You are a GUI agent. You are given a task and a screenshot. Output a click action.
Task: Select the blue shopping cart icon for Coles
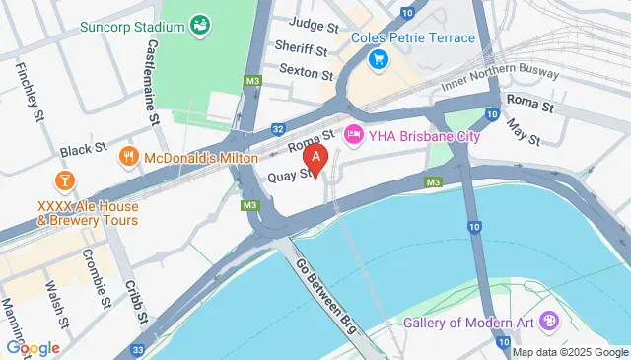(376, 60)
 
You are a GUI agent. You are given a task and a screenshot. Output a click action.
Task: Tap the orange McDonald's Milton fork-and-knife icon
(128, 156)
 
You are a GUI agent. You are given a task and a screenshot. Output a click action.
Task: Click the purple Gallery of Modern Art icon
(549, 321)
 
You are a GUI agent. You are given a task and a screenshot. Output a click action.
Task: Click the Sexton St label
(303, 70)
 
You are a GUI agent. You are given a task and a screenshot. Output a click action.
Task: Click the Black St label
(82, 150)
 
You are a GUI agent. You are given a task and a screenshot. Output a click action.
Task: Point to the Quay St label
(290, 176)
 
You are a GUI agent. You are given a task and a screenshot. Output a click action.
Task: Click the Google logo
(33, 347)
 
